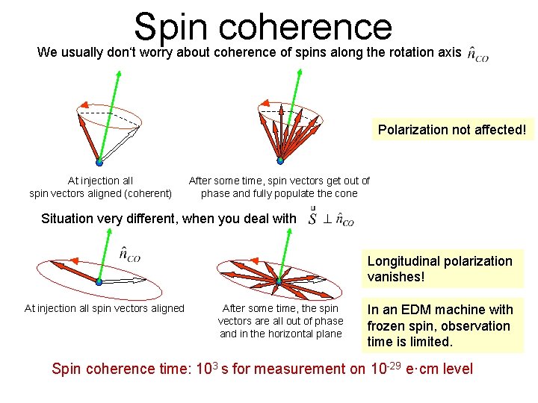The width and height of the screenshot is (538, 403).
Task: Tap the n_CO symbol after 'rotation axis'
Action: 478,54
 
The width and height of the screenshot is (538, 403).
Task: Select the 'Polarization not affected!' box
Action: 452,130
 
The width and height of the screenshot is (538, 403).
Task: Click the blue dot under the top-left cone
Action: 99,161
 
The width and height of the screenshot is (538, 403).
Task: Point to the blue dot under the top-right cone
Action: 280,160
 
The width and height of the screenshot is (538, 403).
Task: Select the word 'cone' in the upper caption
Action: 344,193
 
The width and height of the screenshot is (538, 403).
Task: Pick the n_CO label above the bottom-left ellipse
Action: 129,254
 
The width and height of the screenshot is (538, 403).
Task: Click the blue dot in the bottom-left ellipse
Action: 99,282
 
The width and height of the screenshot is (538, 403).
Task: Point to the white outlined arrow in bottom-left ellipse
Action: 127,281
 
